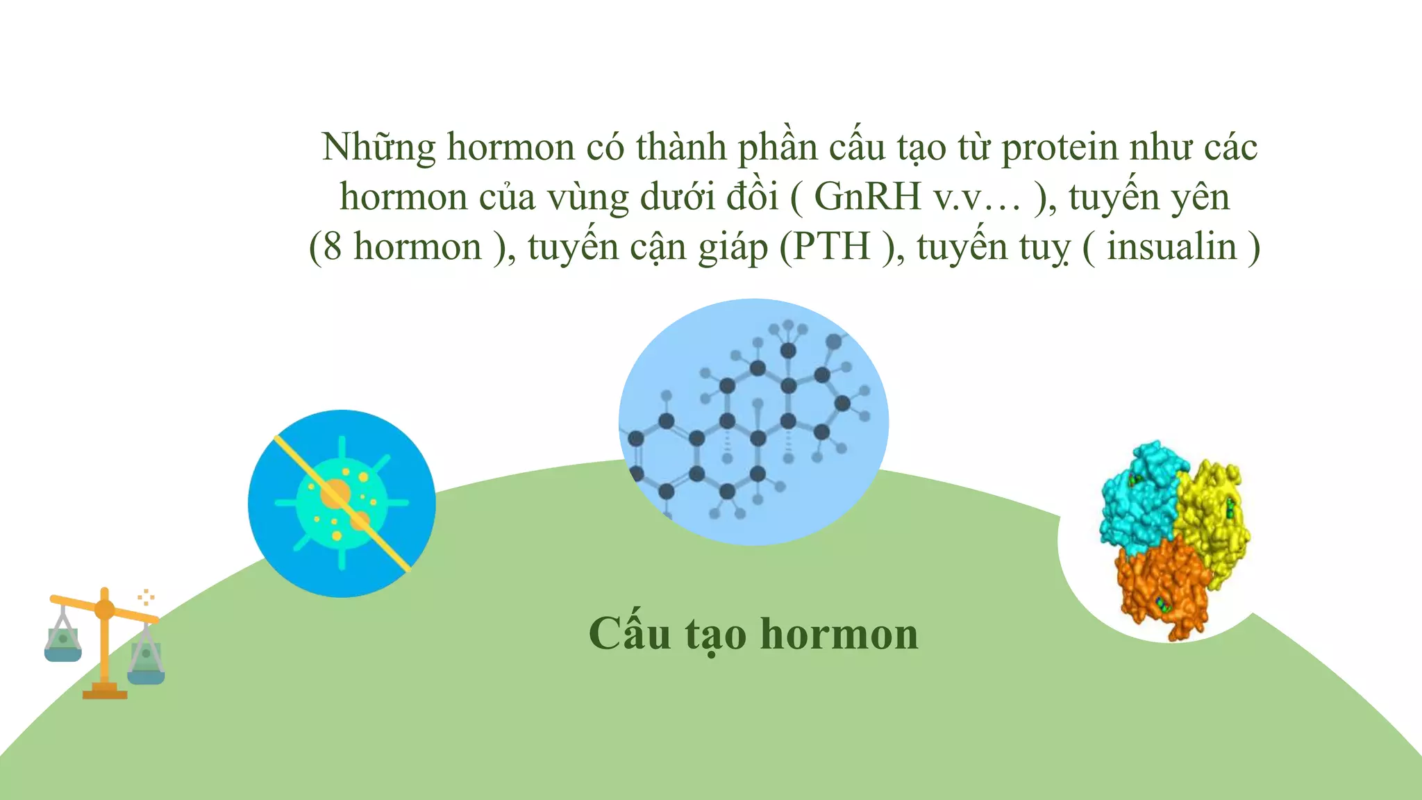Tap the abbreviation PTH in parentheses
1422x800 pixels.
tap(832, 247)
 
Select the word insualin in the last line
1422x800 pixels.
tap(1171, 247)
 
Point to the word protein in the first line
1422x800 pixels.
tap(1060, 147)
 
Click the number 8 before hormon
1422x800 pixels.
tap(333, 247)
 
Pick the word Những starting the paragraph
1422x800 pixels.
tap(378, 147)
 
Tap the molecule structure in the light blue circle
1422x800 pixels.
tap(753, 422)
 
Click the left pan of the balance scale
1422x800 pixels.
tap(63, 646)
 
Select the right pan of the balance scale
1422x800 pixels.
tap(146, 667)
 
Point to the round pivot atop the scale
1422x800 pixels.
tap(104, 609)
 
